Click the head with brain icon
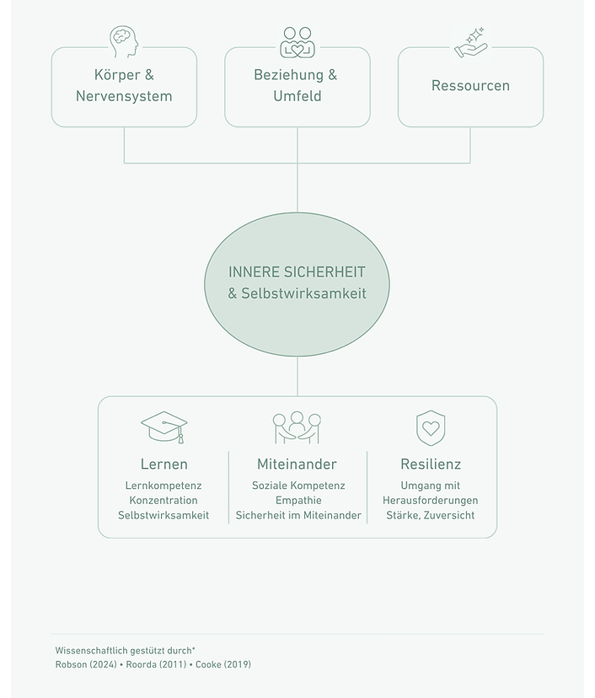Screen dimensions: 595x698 coord(124,42)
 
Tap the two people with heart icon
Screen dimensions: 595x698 coord(297,42)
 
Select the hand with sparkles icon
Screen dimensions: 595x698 coord(470,43)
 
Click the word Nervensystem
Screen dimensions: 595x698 coord(124,96)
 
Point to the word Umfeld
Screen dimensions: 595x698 coord(297,96)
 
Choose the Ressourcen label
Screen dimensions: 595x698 coord(470,85)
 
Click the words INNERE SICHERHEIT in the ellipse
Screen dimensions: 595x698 coord(297,272)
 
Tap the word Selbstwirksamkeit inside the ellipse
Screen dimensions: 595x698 coord(303,293)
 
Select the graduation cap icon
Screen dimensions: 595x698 coord(164,427)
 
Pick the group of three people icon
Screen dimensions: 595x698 coord(297,427)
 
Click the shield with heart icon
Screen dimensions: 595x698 coord(431,427)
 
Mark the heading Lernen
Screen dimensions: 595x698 coord(163,464)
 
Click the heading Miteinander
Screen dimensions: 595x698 coord(297,464)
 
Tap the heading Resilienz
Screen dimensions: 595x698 coord(431,464)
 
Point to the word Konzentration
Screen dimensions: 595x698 coord(163,501)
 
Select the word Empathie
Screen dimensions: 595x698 coord(298,501)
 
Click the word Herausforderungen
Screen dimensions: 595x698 coord(431,501)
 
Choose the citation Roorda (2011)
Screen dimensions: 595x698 coord(156,664)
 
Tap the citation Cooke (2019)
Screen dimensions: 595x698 coord(223,664)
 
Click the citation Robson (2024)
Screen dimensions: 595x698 coord(86,664)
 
